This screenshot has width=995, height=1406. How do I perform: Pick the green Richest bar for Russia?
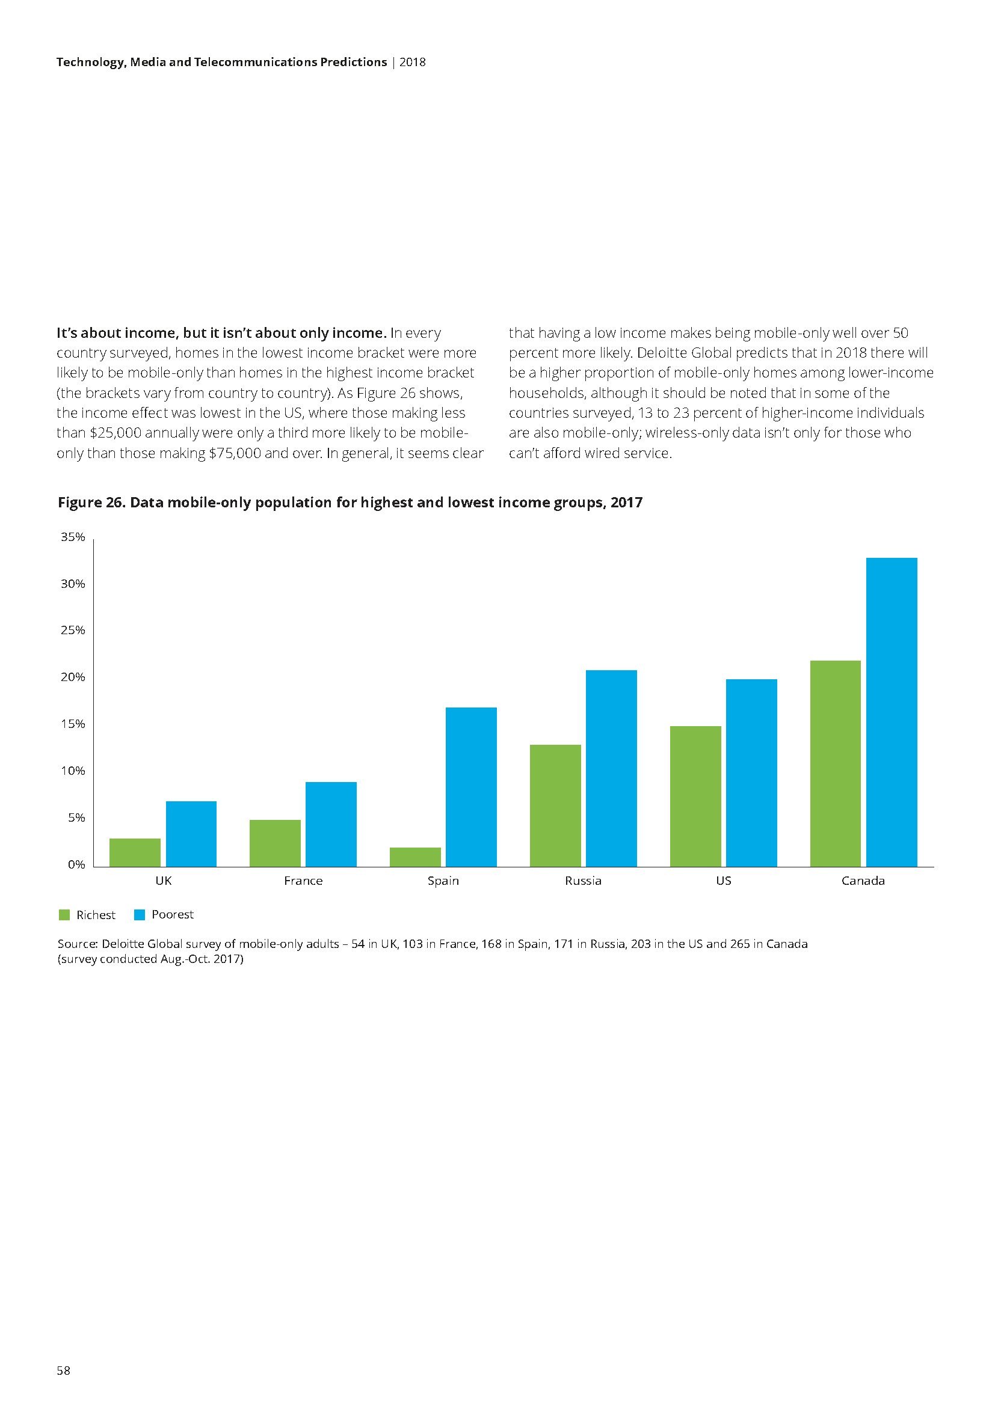pyautogui.click(x=555, y=805)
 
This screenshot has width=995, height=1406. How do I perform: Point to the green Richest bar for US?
pyautogui.click(x=695, y=796)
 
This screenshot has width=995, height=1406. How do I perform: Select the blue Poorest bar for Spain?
pyautogui.click(x=471, y=787)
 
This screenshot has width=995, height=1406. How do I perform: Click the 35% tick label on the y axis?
pyautogui.click(x=73, y=537)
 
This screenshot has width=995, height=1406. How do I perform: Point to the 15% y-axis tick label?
pyautogui.click(x=73, y=724)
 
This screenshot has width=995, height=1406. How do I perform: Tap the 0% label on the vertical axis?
pyautogui.click(x=76, y=864)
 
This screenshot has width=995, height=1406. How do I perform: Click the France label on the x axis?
pyautogui.click(x=303, y=881)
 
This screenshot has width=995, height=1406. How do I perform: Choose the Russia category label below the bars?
pyautogui.click(x=584, y=881)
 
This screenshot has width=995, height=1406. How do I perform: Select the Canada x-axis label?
pyautogui.click(x=863, y=881)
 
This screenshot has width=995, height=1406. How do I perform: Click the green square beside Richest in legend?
pyautogui.click(x=64, y=915)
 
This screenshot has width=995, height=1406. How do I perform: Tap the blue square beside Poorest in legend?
pyautogui.click(x=139, y=915)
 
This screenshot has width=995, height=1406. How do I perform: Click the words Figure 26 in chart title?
pyautogui.click(x=91, y=503)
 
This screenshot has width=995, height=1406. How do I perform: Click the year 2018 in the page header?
pyautogui.click(x=412, y=63)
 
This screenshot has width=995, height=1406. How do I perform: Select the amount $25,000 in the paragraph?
pyautogui.click(x=114, y=433)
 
